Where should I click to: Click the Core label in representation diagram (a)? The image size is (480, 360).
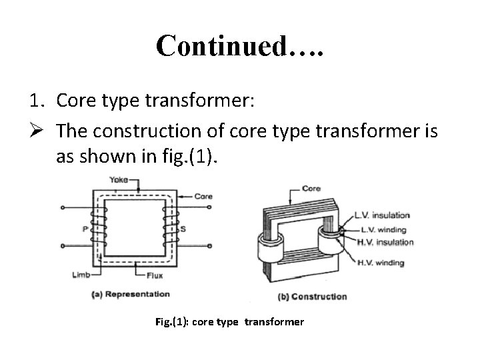pos(202,197)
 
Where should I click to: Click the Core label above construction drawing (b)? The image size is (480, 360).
pos(312,189)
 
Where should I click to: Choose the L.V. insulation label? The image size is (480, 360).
pos(381,215)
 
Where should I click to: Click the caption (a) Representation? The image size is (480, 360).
pos(131,294)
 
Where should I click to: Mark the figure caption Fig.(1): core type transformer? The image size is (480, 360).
pos(229,322)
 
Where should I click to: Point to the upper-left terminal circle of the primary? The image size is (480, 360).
pos(62,207)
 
